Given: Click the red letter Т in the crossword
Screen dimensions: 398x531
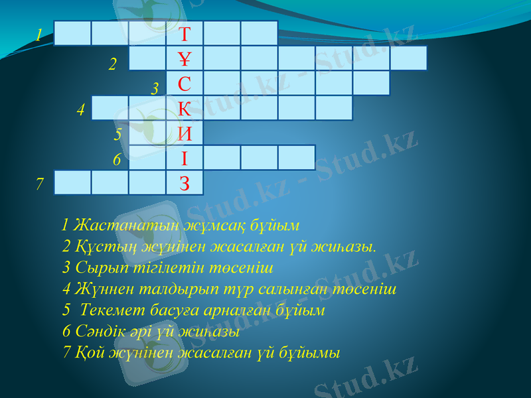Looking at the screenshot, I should [x=185, y=33].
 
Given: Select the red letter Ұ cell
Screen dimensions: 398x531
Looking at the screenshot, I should [x=185, y=58].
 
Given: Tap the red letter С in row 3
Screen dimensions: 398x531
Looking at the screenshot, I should [x=185, y=84].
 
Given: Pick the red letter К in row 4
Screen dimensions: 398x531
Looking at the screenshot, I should [x=185, y=108].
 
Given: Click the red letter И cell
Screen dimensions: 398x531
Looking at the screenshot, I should [x=185, y=133].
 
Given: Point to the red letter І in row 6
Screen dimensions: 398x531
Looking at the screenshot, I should [x=185, y=159].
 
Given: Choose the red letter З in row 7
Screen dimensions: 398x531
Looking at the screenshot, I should [x=185, y=183].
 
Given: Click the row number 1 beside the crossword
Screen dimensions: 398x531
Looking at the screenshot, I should [x=40, y=34].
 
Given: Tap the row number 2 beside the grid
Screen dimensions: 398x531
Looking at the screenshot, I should [x=113, y=64].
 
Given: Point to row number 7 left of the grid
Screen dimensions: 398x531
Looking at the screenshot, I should [x=40, y=183].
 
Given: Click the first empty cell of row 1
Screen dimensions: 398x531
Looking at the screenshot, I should [x=72, y=33].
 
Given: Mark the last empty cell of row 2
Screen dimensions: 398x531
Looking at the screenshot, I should [x=408, y=58].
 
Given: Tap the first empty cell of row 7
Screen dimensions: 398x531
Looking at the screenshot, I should [x=72, y=183].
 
